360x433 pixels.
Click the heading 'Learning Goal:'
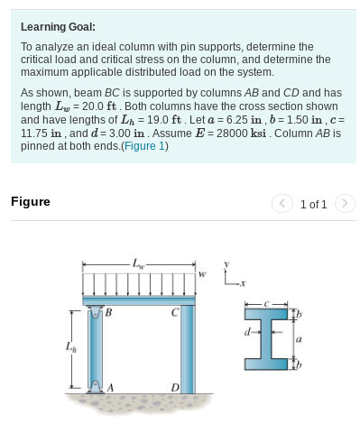click(x=58, y=27)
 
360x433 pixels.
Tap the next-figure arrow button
click(x=345, y=204)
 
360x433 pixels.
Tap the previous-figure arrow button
click(x=282, y=204)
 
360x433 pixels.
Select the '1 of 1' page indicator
click(x=313, y=204)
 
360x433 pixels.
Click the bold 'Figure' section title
click(x=31, y=202)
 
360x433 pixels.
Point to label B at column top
click(x=108, y=313)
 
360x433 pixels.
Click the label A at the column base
click(x=110, y=387)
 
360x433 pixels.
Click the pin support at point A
click(x=96, y=386)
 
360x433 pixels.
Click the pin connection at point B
click(x=96, y=313)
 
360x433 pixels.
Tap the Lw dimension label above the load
click(x=137, y=264)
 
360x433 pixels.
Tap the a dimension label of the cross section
click(x=299, y=339)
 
